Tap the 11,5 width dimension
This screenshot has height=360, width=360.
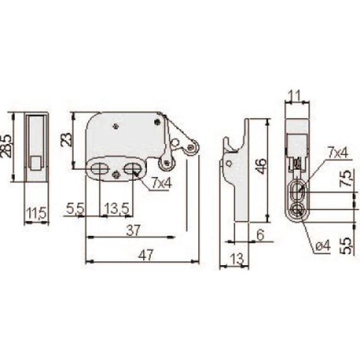pos(37,213)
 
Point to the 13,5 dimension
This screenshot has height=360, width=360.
pos(116,209)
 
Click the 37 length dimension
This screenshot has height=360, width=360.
pos(133,231)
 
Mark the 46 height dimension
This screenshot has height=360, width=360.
pos(260,166)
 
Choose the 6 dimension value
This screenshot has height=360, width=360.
pos(260,235)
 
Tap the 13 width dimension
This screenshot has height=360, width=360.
pos(237,260)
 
